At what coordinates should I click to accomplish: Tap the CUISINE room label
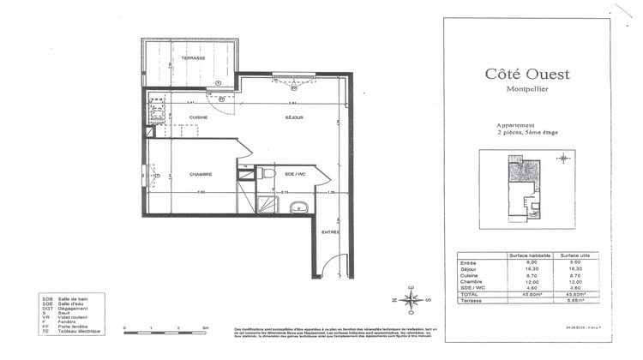pos(199,117)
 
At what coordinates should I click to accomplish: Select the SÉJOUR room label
pos(295,117)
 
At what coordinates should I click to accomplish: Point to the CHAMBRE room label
pos(201,174)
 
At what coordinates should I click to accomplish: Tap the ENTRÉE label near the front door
pos(330,232)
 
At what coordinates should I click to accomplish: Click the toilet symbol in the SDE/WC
pos(267,173)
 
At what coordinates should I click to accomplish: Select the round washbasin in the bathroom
pos(297,206)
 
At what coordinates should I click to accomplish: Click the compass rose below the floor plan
pos(412,299)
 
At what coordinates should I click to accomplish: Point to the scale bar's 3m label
pos(205,329)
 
